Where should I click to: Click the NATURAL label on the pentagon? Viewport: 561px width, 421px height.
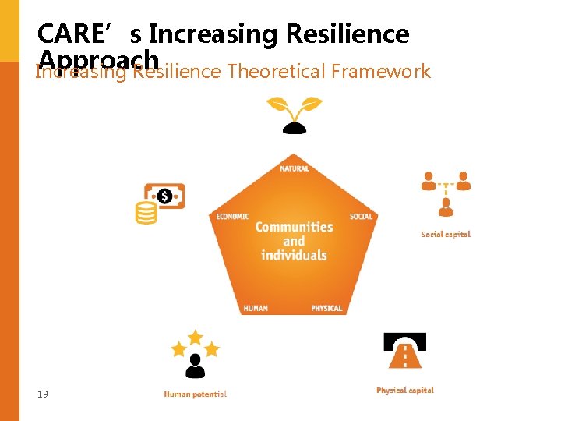tap(294, 168)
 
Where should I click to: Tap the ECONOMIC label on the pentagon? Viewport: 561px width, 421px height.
tap(233, 216)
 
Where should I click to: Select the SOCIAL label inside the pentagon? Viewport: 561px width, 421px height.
tap(361, 216)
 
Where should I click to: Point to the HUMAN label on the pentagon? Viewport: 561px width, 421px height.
tap(256, 308)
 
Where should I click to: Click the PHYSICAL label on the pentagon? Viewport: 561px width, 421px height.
tap(326, 308)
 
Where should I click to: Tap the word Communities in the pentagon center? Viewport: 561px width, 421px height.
tap(294, 227)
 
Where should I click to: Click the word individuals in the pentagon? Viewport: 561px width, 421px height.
tap(294, 256)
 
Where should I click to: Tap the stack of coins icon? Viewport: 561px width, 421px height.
tap(146, 213)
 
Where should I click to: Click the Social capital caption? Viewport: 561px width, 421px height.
tap(446, 234)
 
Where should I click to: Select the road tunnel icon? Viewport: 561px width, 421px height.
tap(404, 351)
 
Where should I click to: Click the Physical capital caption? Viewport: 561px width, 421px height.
tap(405, 390)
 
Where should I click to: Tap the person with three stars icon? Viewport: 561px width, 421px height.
tap(195, 355)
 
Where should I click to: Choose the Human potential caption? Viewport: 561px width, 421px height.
tap(195, 394)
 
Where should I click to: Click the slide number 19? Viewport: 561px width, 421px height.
tap(42, 394)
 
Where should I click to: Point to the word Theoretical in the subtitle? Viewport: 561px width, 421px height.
tap(276, 72)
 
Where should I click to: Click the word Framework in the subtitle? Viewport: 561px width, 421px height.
tap(380, 72)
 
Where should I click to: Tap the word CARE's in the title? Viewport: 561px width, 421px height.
tap(88, 34)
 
